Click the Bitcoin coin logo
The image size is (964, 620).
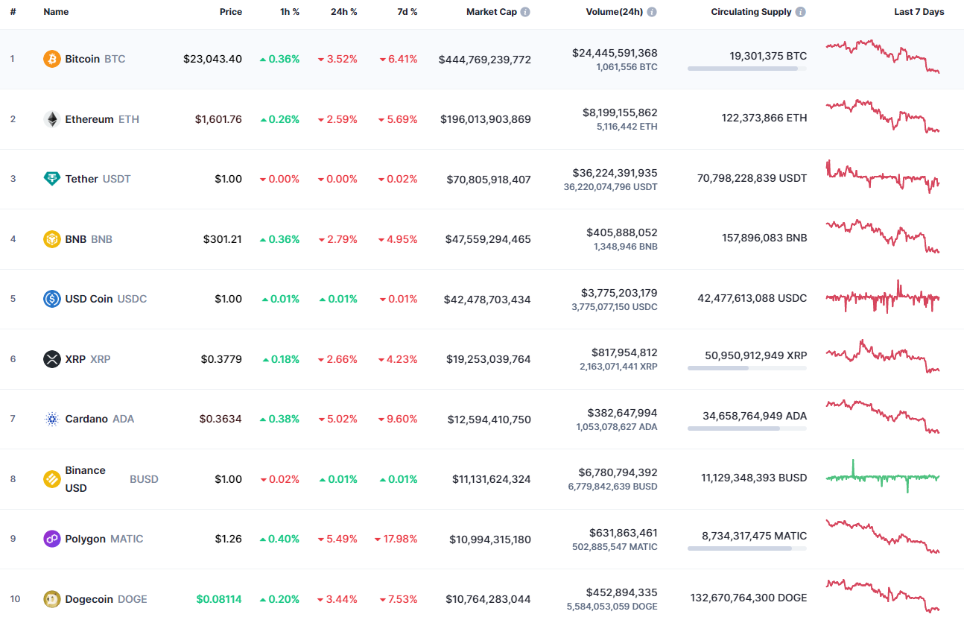(52, 59)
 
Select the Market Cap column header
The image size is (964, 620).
(491, 12)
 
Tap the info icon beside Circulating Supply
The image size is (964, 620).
(800, 12)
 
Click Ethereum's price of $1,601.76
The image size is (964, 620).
(218, 119)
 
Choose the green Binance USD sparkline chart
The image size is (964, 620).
(883, 477)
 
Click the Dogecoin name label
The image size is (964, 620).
(89, 599)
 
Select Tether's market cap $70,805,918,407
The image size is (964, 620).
(489, 179)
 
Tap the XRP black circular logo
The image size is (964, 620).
(52, 359)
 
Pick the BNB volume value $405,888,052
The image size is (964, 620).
(621, 232)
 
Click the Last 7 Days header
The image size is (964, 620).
(919, 12)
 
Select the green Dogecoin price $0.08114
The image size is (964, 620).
(219, 599)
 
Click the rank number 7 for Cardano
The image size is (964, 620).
(13, 419)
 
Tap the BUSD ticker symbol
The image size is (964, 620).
(144, 479)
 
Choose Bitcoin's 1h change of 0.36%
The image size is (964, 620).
(279, 59)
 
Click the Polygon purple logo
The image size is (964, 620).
(52, 539)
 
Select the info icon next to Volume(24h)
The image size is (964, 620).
(652, 12)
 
